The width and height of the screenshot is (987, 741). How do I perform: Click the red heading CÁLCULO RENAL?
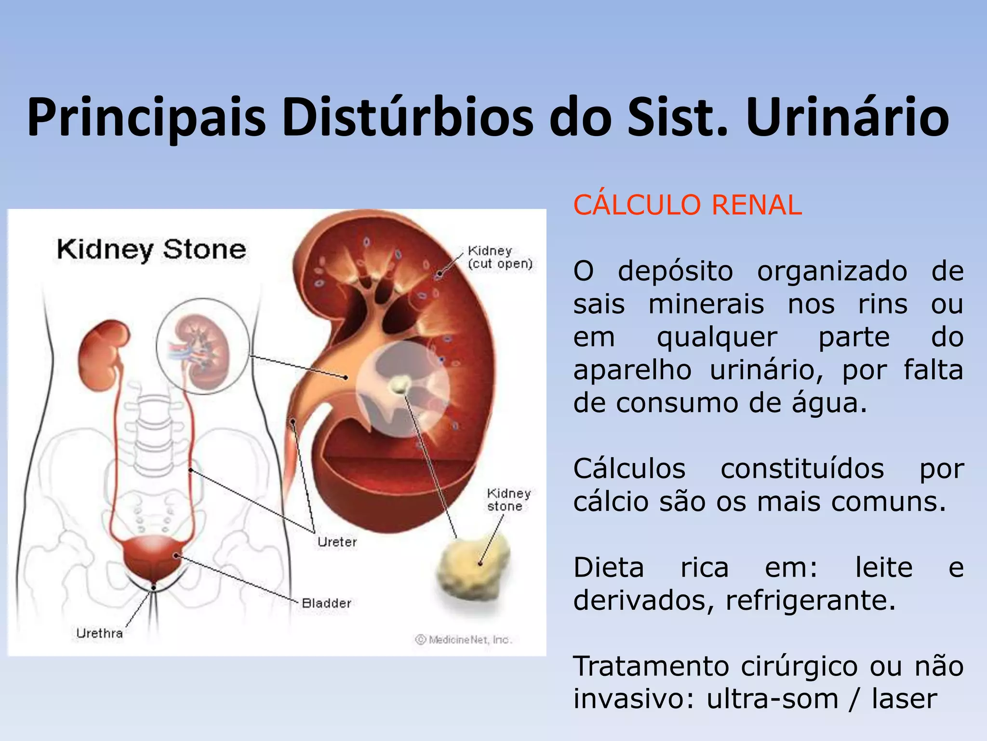687,205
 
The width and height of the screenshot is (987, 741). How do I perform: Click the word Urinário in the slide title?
847,117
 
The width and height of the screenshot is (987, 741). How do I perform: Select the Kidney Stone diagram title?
151,250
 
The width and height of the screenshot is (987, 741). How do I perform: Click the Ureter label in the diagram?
337,542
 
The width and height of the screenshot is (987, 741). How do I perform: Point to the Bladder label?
326,603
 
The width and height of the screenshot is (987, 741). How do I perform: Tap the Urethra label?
100,633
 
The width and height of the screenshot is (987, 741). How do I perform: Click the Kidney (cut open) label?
500,258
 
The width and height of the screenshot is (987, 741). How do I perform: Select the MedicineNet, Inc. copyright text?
464,640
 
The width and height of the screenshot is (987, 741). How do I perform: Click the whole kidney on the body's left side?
104,352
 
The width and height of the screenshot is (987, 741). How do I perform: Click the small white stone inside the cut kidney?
400,384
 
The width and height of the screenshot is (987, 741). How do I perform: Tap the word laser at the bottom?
904,699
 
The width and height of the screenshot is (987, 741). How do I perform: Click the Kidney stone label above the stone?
508,500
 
